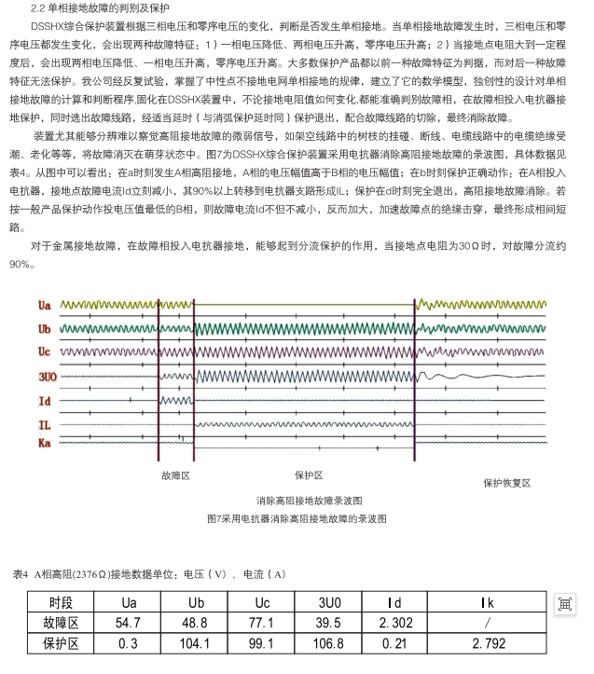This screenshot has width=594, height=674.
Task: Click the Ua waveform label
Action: pyautogui.click(x=45, y=306)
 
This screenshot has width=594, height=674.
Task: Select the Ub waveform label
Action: pyautogui.click(x=45, y=329)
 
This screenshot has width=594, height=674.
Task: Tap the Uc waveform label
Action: pyautogui.click(x=45, y=351)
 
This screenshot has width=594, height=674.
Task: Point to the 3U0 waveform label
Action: pyautogui.click(x=48, y=376)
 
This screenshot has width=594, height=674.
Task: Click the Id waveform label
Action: pyautogui.click(x=44, y=400)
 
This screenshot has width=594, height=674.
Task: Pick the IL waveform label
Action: pyautogui.click(x=44, y=424)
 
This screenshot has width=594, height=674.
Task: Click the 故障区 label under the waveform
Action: pyautogui.click(x=175, y=475)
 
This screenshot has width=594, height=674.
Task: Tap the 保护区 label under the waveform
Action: pyautogui.click(x=309, y=475)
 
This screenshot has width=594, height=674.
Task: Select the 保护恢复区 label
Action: pyautogui.click(x=506, y=483)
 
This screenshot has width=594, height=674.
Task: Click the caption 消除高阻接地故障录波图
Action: pyautogui.click(x=309, y=501)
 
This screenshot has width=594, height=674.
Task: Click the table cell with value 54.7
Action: pyautogui.click(x=128, y=622)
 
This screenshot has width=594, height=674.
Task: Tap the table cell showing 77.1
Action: pyautogui.click(x=263, y=622)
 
